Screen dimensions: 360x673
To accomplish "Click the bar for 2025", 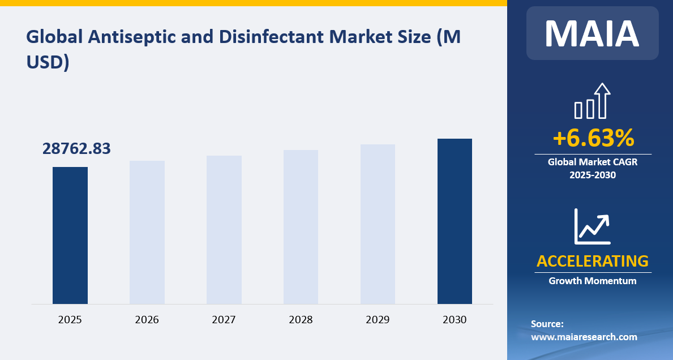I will (x=70, y=235).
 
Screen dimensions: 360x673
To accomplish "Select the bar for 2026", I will (x=147, y=233).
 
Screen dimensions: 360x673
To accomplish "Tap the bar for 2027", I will (x=224, y=230).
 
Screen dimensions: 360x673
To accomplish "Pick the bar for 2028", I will (x=301, y=227).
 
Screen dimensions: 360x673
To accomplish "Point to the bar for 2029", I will (x=378, y=224).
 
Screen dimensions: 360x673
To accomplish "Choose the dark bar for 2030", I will (x=455, y=221).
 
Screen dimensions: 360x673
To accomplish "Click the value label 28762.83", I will (x=76, y=148).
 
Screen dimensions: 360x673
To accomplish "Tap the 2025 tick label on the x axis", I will (x=70, y=320).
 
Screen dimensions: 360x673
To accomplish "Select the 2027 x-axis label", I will (x=224, y=320).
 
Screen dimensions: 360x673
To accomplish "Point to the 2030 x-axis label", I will (x=455, y=320).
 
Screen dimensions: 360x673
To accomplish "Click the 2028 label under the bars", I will (x=301, y=320).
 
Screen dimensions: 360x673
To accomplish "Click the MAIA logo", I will (x=592, y=33).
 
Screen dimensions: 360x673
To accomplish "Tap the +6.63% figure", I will (x=593, y=138).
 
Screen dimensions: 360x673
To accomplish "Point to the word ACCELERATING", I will (x=593, y=261).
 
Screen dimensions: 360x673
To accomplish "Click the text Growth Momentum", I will (x=593, y=281).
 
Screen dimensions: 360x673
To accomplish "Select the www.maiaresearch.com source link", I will (x=584, y=337).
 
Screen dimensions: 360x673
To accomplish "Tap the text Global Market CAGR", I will (x=593, y=162).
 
